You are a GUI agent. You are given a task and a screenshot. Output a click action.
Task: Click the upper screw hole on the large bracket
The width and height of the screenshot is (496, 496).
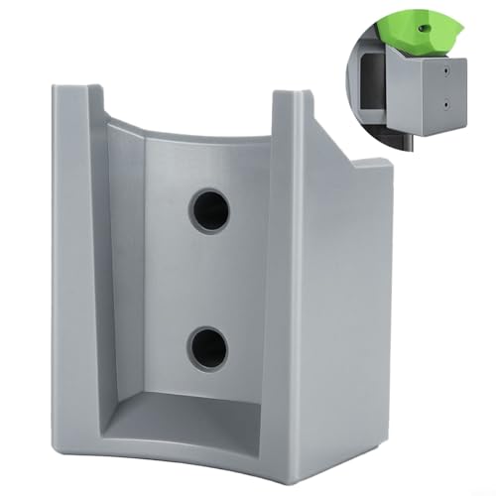point(209,209)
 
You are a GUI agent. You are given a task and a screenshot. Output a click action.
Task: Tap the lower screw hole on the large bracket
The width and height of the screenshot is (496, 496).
point(209,348)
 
